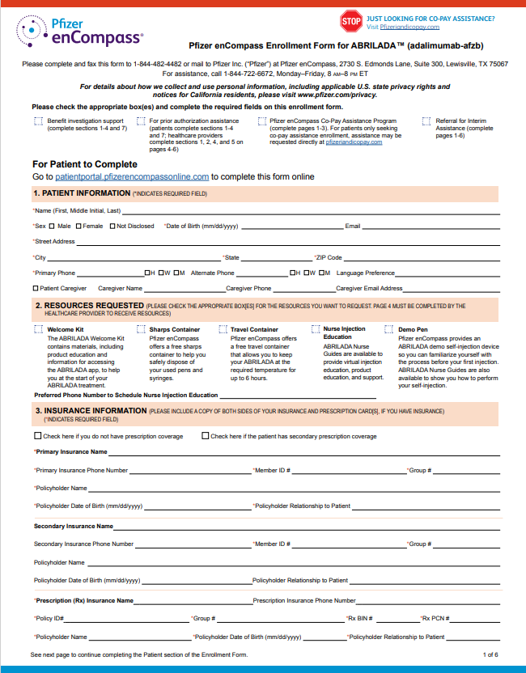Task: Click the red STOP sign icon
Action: click(350, 21)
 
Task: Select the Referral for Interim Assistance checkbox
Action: click(427, 121)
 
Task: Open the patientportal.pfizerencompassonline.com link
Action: click(132, 176)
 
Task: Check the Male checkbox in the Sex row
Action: click(52, 226)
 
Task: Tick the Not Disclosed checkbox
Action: click(112, 226)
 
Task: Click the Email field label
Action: click(352, 226)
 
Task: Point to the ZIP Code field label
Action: click(329, 258)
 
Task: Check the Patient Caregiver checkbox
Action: click(36, 288)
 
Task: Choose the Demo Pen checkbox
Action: click(389, 330)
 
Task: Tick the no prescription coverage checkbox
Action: click(37, 436)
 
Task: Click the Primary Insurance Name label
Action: click(70, 451)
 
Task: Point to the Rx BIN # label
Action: click(359, 618)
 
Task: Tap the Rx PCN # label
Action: click(435, 618)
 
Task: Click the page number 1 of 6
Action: click(490, 654)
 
